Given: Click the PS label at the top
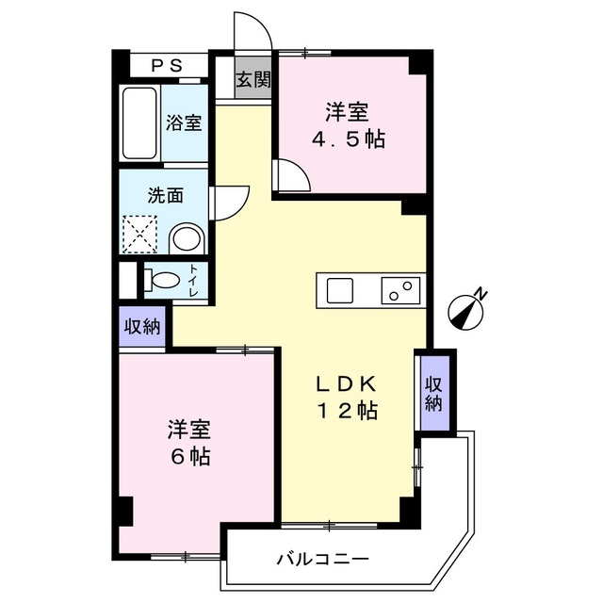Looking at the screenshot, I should (x=167, y=67).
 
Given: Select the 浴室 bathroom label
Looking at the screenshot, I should (x=184, y=122).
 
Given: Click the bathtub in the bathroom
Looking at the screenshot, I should (x=140, y=124).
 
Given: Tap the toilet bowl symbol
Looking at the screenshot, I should (x=162, y=280).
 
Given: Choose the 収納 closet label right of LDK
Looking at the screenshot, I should (x=434, y=392).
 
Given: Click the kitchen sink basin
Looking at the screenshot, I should (x=339, y=289).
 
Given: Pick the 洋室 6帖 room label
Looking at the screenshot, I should (x=188, y=444).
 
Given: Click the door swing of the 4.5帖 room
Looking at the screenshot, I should (x=290, y=176).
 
